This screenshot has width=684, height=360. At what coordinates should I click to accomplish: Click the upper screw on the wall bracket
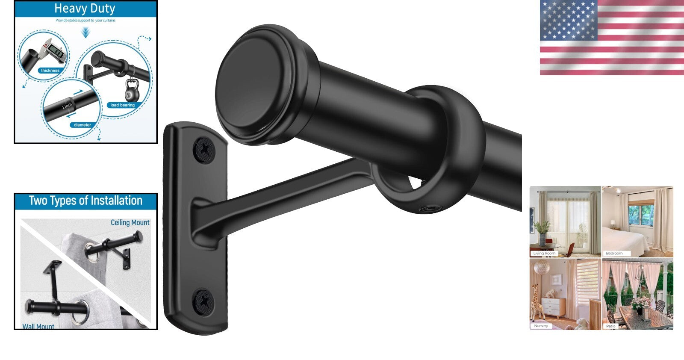click(x=204, y=149)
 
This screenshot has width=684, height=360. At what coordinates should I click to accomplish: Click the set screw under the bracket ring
click(x=427, y=209)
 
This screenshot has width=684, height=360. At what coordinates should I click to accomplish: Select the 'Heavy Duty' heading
click(x=85, y=9)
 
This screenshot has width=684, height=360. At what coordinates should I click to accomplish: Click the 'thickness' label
click(x=50, y=71)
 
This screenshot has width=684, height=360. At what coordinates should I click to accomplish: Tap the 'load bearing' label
click(x=122, y=105)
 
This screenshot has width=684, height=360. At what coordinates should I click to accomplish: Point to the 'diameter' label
click(x=82, y=125)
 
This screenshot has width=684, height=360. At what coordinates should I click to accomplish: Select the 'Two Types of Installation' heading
click(x=85, y=201)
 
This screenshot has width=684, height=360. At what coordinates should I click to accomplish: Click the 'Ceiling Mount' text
click(x=130, y=223)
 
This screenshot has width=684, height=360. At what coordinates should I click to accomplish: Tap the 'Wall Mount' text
click(x=38, y=326)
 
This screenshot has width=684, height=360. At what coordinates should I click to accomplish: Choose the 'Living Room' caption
click(x=544, y=253)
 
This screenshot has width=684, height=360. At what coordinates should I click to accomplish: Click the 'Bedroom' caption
click(x=614, y=253)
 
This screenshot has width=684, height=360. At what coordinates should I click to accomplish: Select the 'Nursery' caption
click(x=541, y=326)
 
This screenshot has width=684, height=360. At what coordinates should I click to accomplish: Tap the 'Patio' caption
click(x=610, y=326)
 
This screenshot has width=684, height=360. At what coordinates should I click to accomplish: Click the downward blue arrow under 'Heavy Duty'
click(x=85, y=32)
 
